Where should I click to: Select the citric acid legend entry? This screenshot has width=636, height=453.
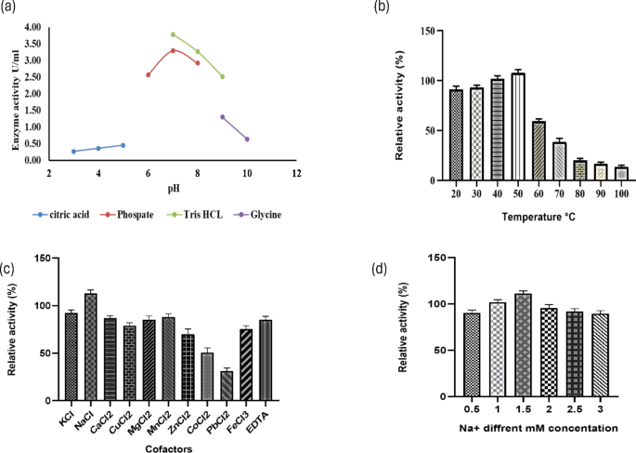66,214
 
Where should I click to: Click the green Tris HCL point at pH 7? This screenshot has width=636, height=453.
173,34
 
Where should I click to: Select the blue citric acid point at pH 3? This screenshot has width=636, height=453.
73,152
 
